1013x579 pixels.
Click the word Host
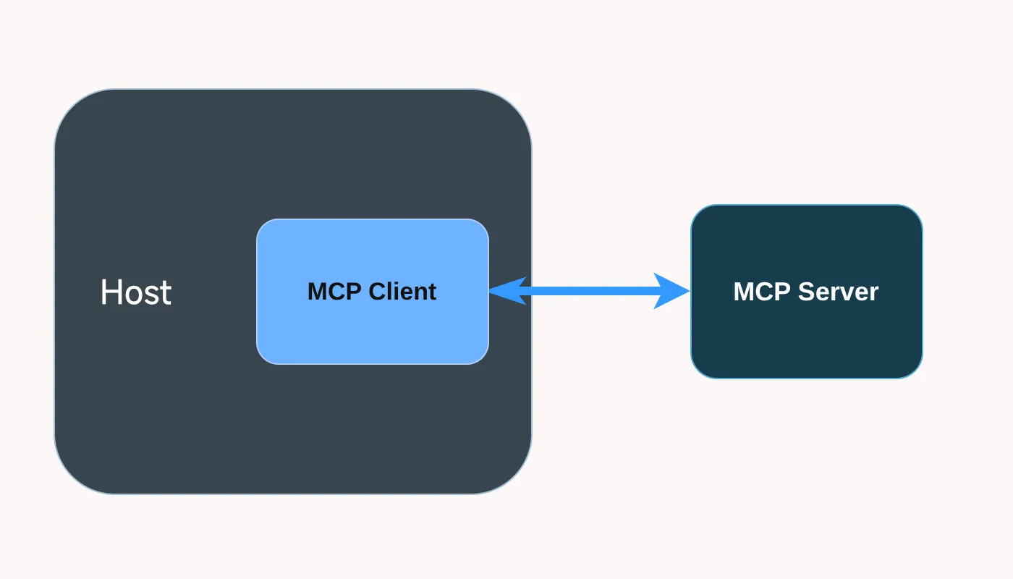coord(136,292)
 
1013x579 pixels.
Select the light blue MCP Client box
coord(373,292)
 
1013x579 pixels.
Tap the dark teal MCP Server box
coord(807,292)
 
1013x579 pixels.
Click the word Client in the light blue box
coord(402,291)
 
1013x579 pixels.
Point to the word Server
coord(839,292)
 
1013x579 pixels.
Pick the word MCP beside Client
coord(334,291)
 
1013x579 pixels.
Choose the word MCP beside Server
coord(761,292)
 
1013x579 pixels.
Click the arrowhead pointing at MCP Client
coord(507,290)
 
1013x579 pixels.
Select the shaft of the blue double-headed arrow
coord(590,291)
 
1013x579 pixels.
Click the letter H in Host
coord(110,292)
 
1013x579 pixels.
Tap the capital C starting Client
coord(378,291)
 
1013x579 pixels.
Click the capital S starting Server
coord(808,292)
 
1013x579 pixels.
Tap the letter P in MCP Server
coord(782,292)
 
